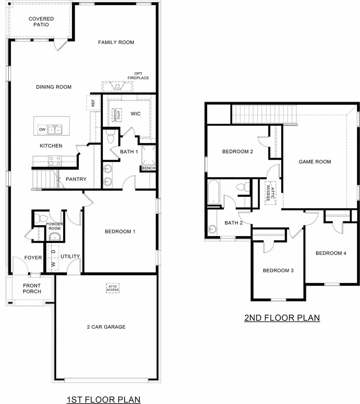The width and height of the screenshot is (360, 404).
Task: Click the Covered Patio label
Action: click(41, 22)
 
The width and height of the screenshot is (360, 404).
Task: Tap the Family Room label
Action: click(116, 42)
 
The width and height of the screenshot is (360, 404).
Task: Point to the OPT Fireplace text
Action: click(138, 76)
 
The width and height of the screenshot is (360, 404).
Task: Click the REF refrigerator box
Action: click(93, 103)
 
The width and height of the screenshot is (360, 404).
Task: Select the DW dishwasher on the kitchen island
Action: click(42, 129)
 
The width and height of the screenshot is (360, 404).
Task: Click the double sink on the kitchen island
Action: click(55, 129)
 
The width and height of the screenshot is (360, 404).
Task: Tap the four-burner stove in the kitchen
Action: click(54, 161)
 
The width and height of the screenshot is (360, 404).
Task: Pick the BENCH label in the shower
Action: click(148, 168)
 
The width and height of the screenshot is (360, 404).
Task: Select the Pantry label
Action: click(76, 179)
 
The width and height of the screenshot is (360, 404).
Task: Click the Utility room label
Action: click(70, 256)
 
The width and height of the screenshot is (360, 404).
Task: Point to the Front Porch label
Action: click(32, 288)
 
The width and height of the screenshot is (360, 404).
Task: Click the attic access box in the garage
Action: click(113, 288)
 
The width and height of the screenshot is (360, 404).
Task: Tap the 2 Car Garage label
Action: click(106, 327)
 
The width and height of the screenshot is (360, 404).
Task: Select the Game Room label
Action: click(315, 162)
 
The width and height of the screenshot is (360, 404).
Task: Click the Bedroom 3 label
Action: click(278, 271)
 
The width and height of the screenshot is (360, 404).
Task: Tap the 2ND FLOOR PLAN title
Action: click(282, 318)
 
